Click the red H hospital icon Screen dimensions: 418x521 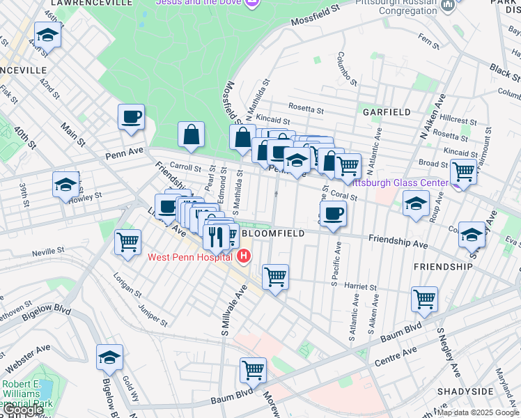pos(243,257)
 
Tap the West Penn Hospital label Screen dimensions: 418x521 pos(189,258)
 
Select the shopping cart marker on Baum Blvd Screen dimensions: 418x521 pos(253,371)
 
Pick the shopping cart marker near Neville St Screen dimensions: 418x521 pos(127,244)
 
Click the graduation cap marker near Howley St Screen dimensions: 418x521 pos(65,185)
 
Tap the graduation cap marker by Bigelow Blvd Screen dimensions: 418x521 pos(109,358)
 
